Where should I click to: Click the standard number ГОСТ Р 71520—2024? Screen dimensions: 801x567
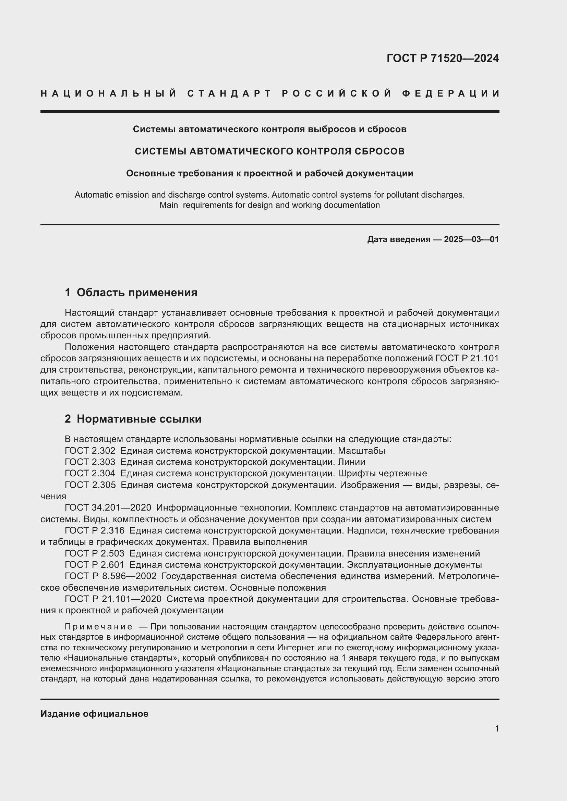pos(442,58)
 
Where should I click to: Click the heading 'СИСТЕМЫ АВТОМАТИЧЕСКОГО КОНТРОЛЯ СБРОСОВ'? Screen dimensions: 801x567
pos(269,151)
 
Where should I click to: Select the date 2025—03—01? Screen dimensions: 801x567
pos(471,239)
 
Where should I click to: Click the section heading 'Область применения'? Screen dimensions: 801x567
pos(137,292)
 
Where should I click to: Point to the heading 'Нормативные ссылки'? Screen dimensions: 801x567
pos(139,418)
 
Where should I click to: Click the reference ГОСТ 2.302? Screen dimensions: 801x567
pos(90,451)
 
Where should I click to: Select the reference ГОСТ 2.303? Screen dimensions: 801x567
pos(90,462)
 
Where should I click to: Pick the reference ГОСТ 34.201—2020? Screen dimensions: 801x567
pos(108,508)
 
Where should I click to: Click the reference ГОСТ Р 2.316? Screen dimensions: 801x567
pos(95,530)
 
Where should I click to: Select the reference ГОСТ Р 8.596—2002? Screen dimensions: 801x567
pos(111,576)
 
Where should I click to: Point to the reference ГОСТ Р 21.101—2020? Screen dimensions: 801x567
pos(113,599)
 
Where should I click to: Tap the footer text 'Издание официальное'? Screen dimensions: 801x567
pos(94,714)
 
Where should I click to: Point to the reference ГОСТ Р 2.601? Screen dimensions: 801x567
pos(95,565)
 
